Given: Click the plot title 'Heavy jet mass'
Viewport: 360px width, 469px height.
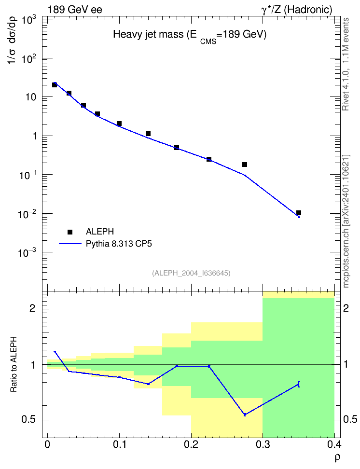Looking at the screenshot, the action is coord(148,34).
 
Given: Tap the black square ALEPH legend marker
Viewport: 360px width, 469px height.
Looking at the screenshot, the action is coord(70,232).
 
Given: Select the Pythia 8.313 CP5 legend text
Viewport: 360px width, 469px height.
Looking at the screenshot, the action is coord(119,244).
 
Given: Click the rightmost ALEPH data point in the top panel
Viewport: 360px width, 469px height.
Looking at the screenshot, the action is coord(298,213).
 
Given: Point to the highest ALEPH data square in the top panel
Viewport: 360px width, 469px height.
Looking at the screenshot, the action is coord(55,85).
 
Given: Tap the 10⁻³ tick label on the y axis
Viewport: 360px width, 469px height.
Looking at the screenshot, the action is coord(28,252).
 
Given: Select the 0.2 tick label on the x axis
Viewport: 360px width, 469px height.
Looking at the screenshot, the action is coord(191,444).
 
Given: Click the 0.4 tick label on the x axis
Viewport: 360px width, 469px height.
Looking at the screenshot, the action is coord(334,444).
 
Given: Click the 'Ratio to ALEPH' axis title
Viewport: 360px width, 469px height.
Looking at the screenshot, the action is coord(14,364).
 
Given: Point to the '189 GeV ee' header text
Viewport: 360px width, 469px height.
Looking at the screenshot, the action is coord(75,10).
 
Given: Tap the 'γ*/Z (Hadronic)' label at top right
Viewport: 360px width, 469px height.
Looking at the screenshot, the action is coord(297,10).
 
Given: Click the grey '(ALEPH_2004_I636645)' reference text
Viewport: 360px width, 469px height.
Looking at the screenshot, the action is coord(191,273).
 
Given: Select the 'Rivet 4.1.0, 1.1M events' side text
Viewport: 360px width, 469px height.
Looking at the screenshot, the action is coord(346,64).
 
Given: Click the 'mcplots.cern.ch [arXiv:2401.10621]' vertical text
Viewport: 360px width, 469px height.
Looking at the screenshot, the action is coord(346,221).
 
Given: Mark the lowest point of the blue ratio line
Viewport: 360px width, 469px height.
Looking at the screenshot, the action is coord(245,414).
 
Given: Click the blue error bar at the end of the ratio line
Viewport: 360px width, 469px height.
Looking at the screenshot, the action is coord(299,385).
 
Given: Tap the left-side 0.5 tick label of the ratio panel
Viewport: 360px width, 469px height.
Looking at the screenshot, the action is coord(28,420).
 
